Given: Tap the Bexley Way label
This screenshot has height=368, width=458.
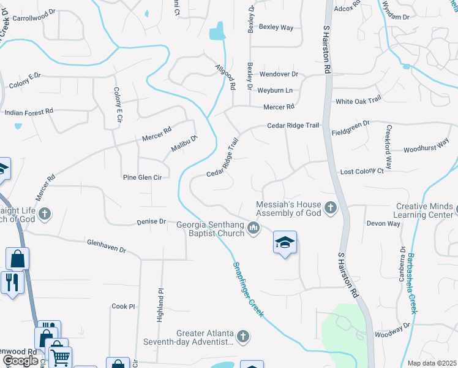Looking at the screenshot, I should coord(276,27).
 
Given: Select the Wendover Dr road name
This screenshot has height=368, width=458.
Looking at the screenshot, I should coord(278,74).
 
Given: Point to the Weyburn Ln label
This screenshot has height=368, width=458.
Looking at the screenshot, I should coord(275,90).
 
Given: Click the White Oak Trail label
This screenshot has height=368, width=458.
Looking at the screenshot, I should coord(358,100).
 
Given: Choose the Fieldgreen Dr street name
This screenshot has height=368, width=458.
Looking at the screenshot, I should coord(351,123).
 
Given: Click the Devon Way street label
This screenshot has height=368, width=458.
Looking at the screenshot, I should coord(383,224).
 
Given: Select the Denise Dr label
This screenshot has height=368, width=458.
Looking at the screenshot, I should coord(151,221).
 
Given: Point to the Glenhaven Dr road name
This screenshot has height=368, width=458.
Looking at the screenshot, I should coord(106,246).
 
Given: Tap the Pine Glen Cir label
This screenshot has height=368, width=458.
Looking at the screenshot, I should coord(142,177).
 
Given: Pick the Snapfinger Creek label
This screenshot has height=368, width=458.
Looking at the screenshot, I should coord(247,290).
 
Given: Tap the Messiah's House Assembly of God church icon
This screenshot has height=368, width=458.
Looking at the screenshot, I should coord(331,208).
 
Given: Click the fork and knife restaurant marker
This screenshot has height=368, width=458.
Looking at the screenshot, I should coord(12,283).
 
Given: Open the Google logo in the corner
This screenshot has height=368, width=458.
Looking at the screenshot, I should coord(20,361).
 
